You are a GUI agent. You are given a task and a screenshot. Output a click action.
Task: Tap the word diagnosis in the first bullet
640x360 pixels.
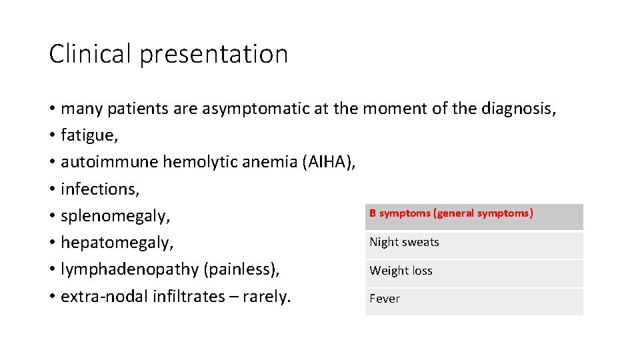(x=515, y=109)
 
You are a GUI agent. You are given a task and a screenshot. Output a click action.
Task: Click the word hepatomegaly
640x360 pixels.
(x=117, y=243)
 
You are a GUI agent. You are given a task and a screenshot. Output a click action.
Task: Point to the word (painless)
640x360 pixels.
(x=242, y=270)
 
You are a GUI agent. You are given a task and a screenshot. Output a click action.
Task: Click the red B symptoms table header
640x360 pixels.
(x=451, y=213)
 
